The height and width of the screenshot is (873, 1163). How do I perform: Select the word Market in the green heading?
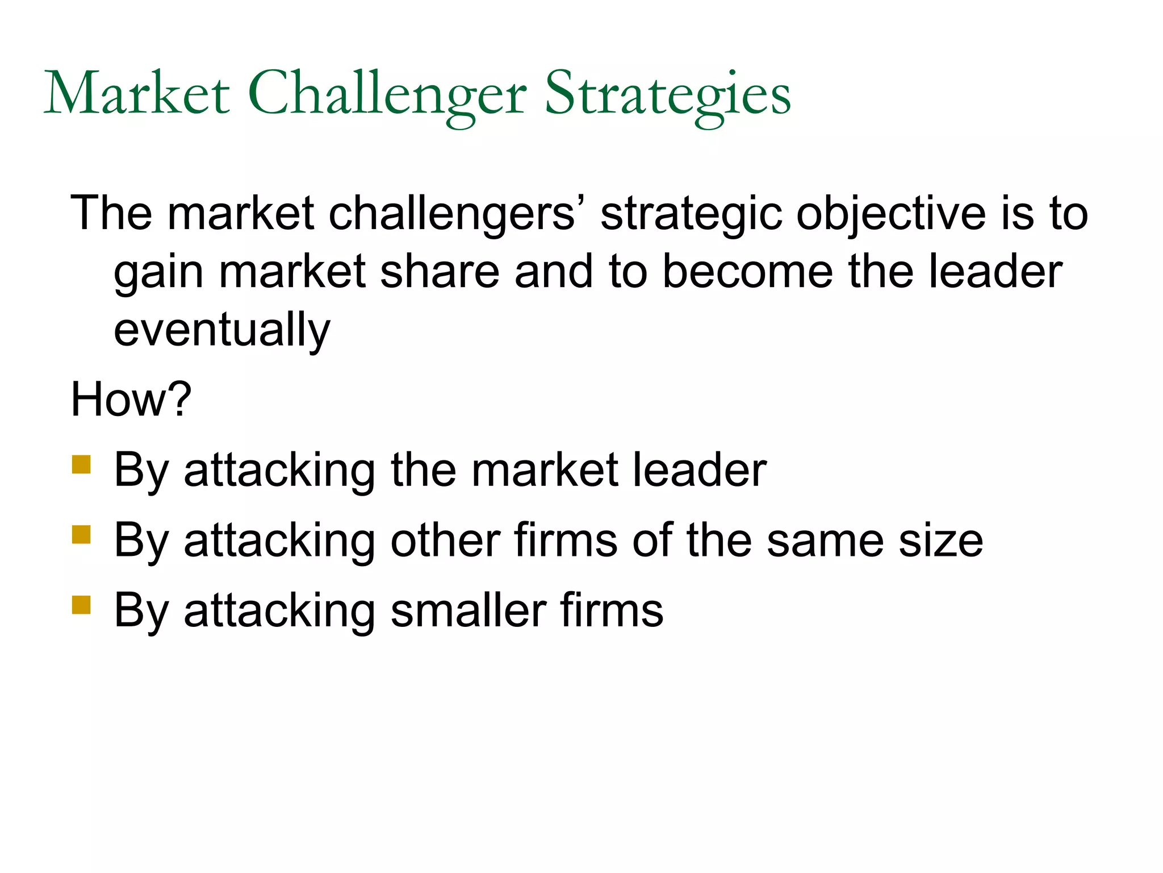137,94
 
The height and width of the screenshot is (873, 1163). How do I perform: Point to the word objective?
890,215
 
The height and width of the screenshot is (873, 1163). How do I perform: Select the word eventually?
221,331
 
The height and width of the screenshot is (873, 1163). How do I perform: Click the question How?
131,400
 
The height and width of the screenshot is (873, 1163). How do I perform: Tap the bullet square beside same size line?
81,535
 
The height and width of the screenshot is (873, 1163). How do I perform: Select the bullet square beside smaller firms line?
81,605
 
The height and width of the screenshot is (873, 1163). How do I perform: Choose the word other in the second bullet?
445,541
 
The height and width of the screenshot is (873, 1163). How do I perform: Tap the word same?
825,541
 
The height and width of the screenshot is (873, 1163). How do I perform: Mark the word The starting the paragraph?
111,214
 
